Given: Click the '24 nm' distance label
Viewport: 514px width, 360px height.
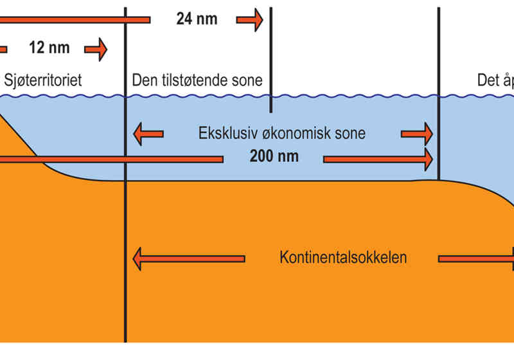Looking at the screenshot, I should (197, 19).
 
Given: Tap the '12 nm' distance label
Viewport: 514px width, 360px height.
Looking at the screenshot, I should (49, 48).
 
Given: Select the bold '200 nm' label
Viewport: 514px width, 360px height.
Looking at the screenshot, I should (272, 157).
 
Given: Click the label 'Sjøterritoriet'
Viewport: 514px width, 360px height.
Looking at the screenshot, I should (44, 80).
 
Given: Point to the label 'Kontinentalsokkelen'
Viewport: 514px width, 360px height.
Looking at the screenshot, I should (343, 258).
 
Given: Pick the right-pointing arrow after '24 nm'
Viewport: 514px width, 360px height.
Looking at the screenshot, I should (250, 20).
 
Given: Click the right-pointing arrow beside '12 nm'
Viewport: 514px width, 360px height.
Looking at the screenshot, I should (96, 49).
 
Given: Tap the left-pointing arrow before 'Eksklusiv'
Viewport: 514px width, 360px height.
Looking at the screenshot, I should (148, 134).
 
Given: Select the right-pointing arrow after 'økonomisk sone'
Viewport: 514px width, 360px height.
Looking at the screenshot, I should (417, 134).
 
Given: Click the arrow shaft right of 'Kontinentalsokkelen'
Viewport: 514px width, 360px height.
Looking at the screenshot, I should (475, 259).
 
